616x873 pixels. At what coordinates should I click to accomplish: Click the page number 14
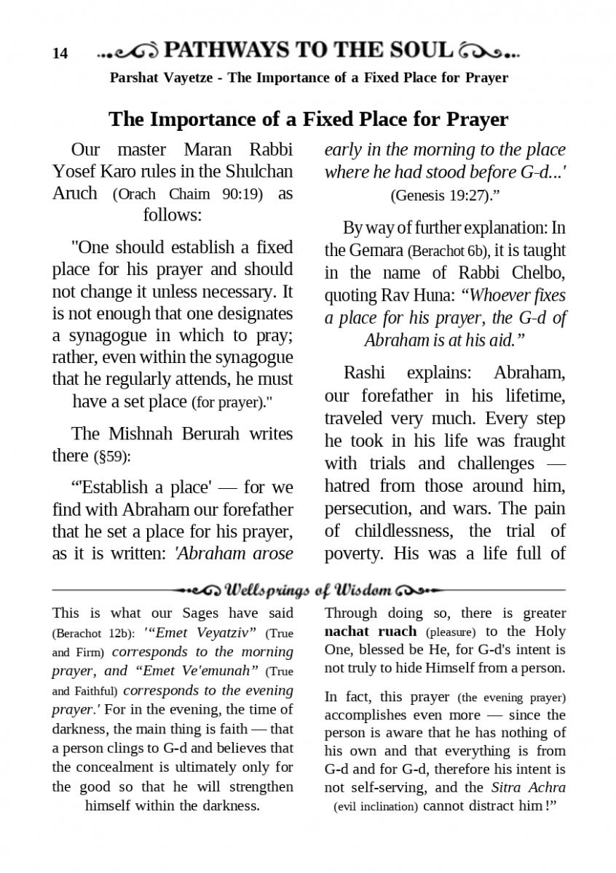[60, 53]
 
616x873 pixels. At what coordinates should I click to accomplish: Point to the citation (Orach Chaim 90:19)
[189, 194]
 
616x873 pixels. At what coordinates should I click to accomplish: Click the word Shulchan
[259, 172]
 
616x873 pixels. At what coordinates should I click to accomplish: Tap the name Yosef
[75, 172]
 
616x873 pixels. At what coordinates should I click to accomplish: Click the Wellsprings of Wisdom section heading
[309, 589]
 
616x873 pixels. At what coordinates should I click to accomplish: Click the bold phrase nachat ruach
[371, 631]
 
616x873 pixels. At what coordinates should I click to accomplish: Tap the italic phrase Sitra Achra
[528, 787]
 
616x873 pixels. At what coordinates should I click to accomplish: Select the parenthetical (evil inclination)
[376, 807]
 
